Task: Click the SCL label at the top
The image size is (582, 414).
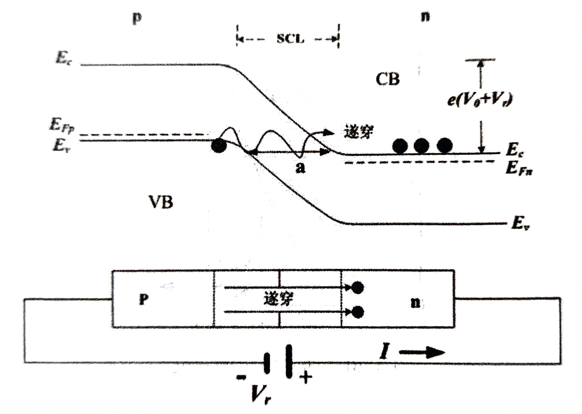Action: (x=290, y=39)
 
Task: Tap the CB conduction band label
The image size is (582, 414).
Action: (x=387, y=79)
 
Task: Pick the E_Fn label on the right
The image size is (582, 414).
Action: (x=519, y=169)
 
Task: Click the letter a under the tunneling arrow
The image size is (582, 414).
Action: (x=300, y=168)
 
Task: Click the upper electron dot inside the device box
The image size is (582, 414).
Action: (x=357, y=288)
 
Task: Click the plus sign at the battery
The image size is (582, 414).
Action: (x=305, y=377)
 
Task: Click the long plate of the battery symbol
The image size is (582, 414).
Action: (x=289, y=361)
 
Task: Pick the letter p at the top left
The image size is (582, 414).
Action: (x=137, y=18)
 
